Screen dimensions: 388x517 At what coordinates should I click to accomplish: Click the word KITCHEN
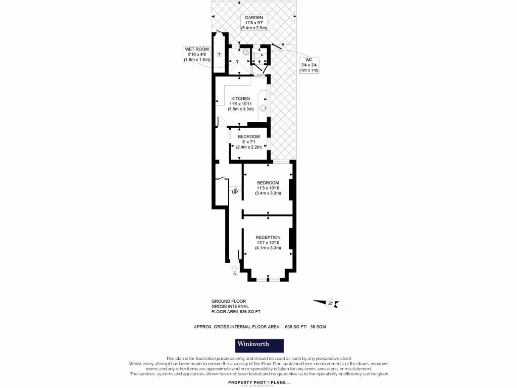coord(240,99)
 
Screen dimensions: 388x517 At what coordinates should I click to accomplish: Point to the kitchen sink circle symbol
coord(263,107)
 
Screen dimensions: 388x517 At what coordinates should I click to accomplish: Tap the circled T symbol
coord(219,54)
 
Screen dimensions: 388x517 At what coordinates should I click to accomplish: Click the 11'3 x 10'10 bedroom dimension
coord(268,188)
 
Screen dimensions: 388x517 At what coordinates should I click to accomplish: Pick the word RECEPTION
coord(268,237)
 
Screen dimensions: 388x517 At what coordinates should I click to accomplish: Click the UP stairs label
coord(235,192)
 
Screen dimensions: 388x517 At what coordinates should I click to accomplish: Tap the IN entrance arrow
coord(234,269)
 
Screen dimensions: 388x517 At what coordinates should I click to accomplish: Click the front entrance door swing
coord(236,256)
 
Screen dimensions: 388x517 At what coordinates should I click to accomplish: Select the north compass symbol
coord(329,303)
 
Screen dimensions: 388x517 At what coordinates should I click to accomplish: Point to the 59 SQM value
coord(318,327)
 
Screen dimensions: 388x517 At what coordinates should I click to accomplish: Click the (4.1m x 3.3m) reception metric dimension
coord(268,248)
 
